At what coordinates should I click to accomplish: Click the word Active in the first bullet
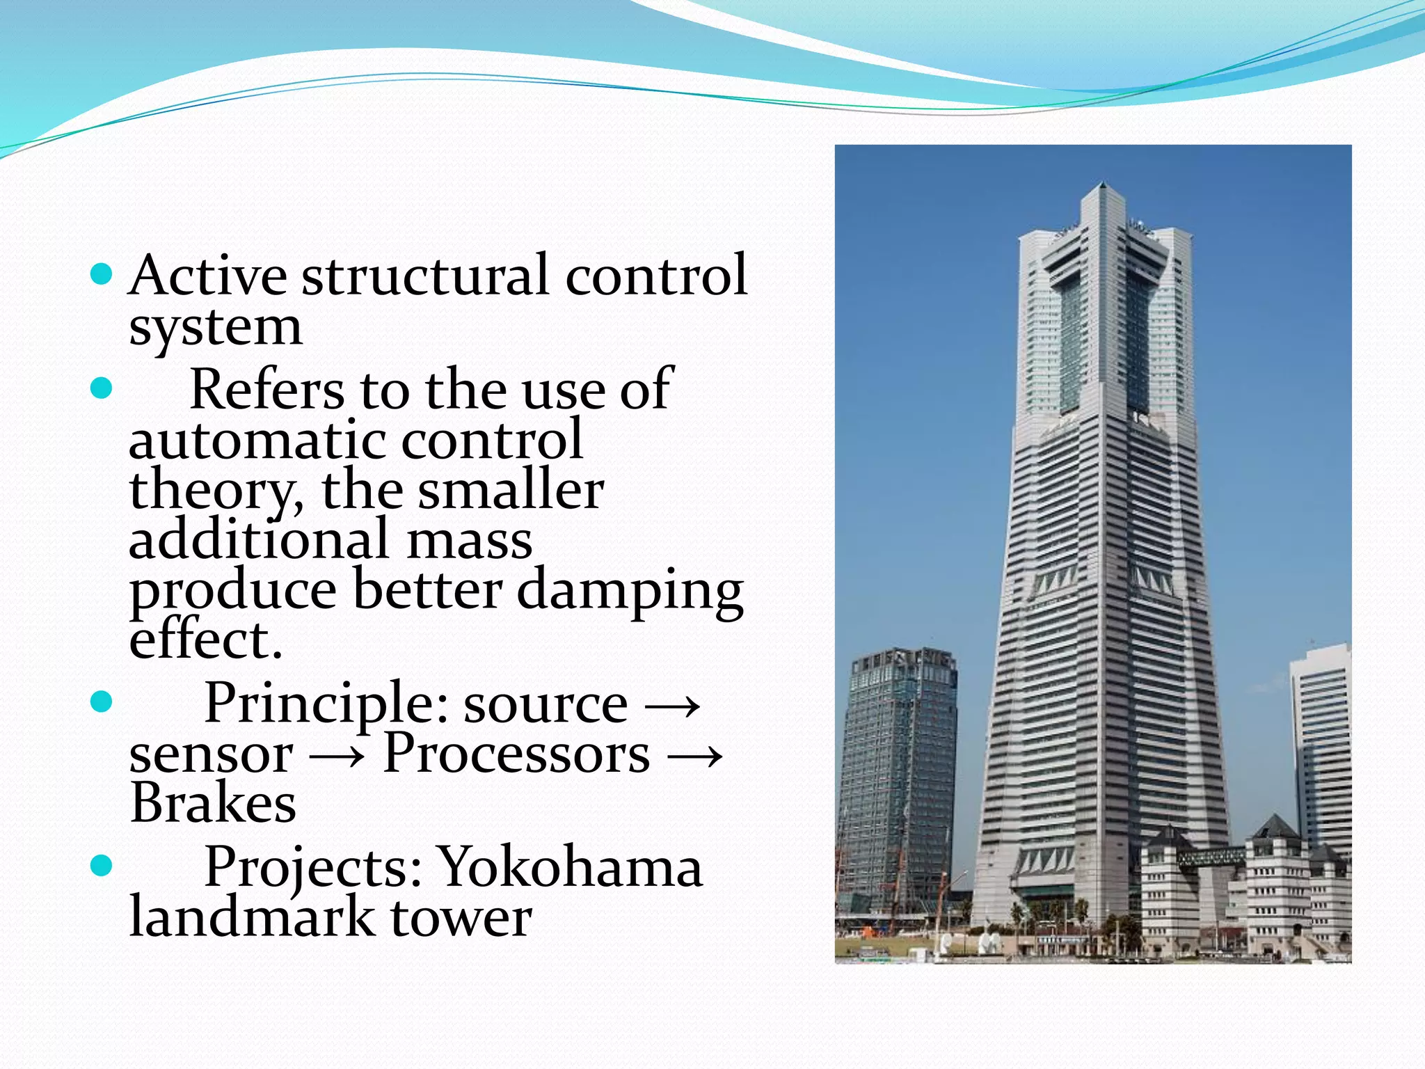click(x=207, y=276)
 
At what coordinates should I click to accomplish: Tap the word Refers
click(x=266, y=390)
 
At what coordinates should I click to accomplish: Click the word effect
click(x=205, y=640)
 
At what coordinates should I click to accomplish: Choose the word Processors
click(x=516, y=754)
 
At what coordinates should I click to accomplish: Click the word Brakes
click(x=213, y=804)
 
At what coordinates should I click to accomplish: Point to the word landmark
click(x=252, y=918)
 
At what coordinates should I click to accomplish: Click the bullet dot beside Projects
click(x=102, y=866)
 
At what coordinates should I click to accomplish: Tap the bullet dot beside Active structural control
click(x=102, y=274)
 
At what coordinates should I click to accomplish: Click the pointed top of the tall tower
click(x=1104, y=187)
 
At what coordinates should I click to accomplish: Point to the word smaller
click(x=510, y=491)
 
